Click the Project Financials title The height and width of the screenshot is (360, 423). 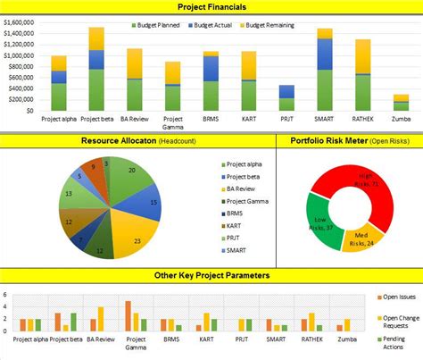(x=211, y=6)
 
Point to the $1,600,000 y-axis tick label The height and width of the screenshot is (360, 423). (x=20, y=17)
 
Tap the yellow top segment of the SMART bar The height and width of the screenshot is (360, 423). (x=325, y=33)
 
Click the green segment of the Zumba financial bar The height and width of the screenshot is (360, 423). (x=402, y=106)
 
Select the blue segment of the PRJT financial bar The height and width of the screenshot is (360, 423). (x=286, y=91)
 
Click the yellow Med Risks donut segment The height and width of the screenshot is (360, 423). (x=364, y=239)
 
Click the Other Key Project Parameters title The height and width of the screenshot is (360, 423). (x=211, y=275)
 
